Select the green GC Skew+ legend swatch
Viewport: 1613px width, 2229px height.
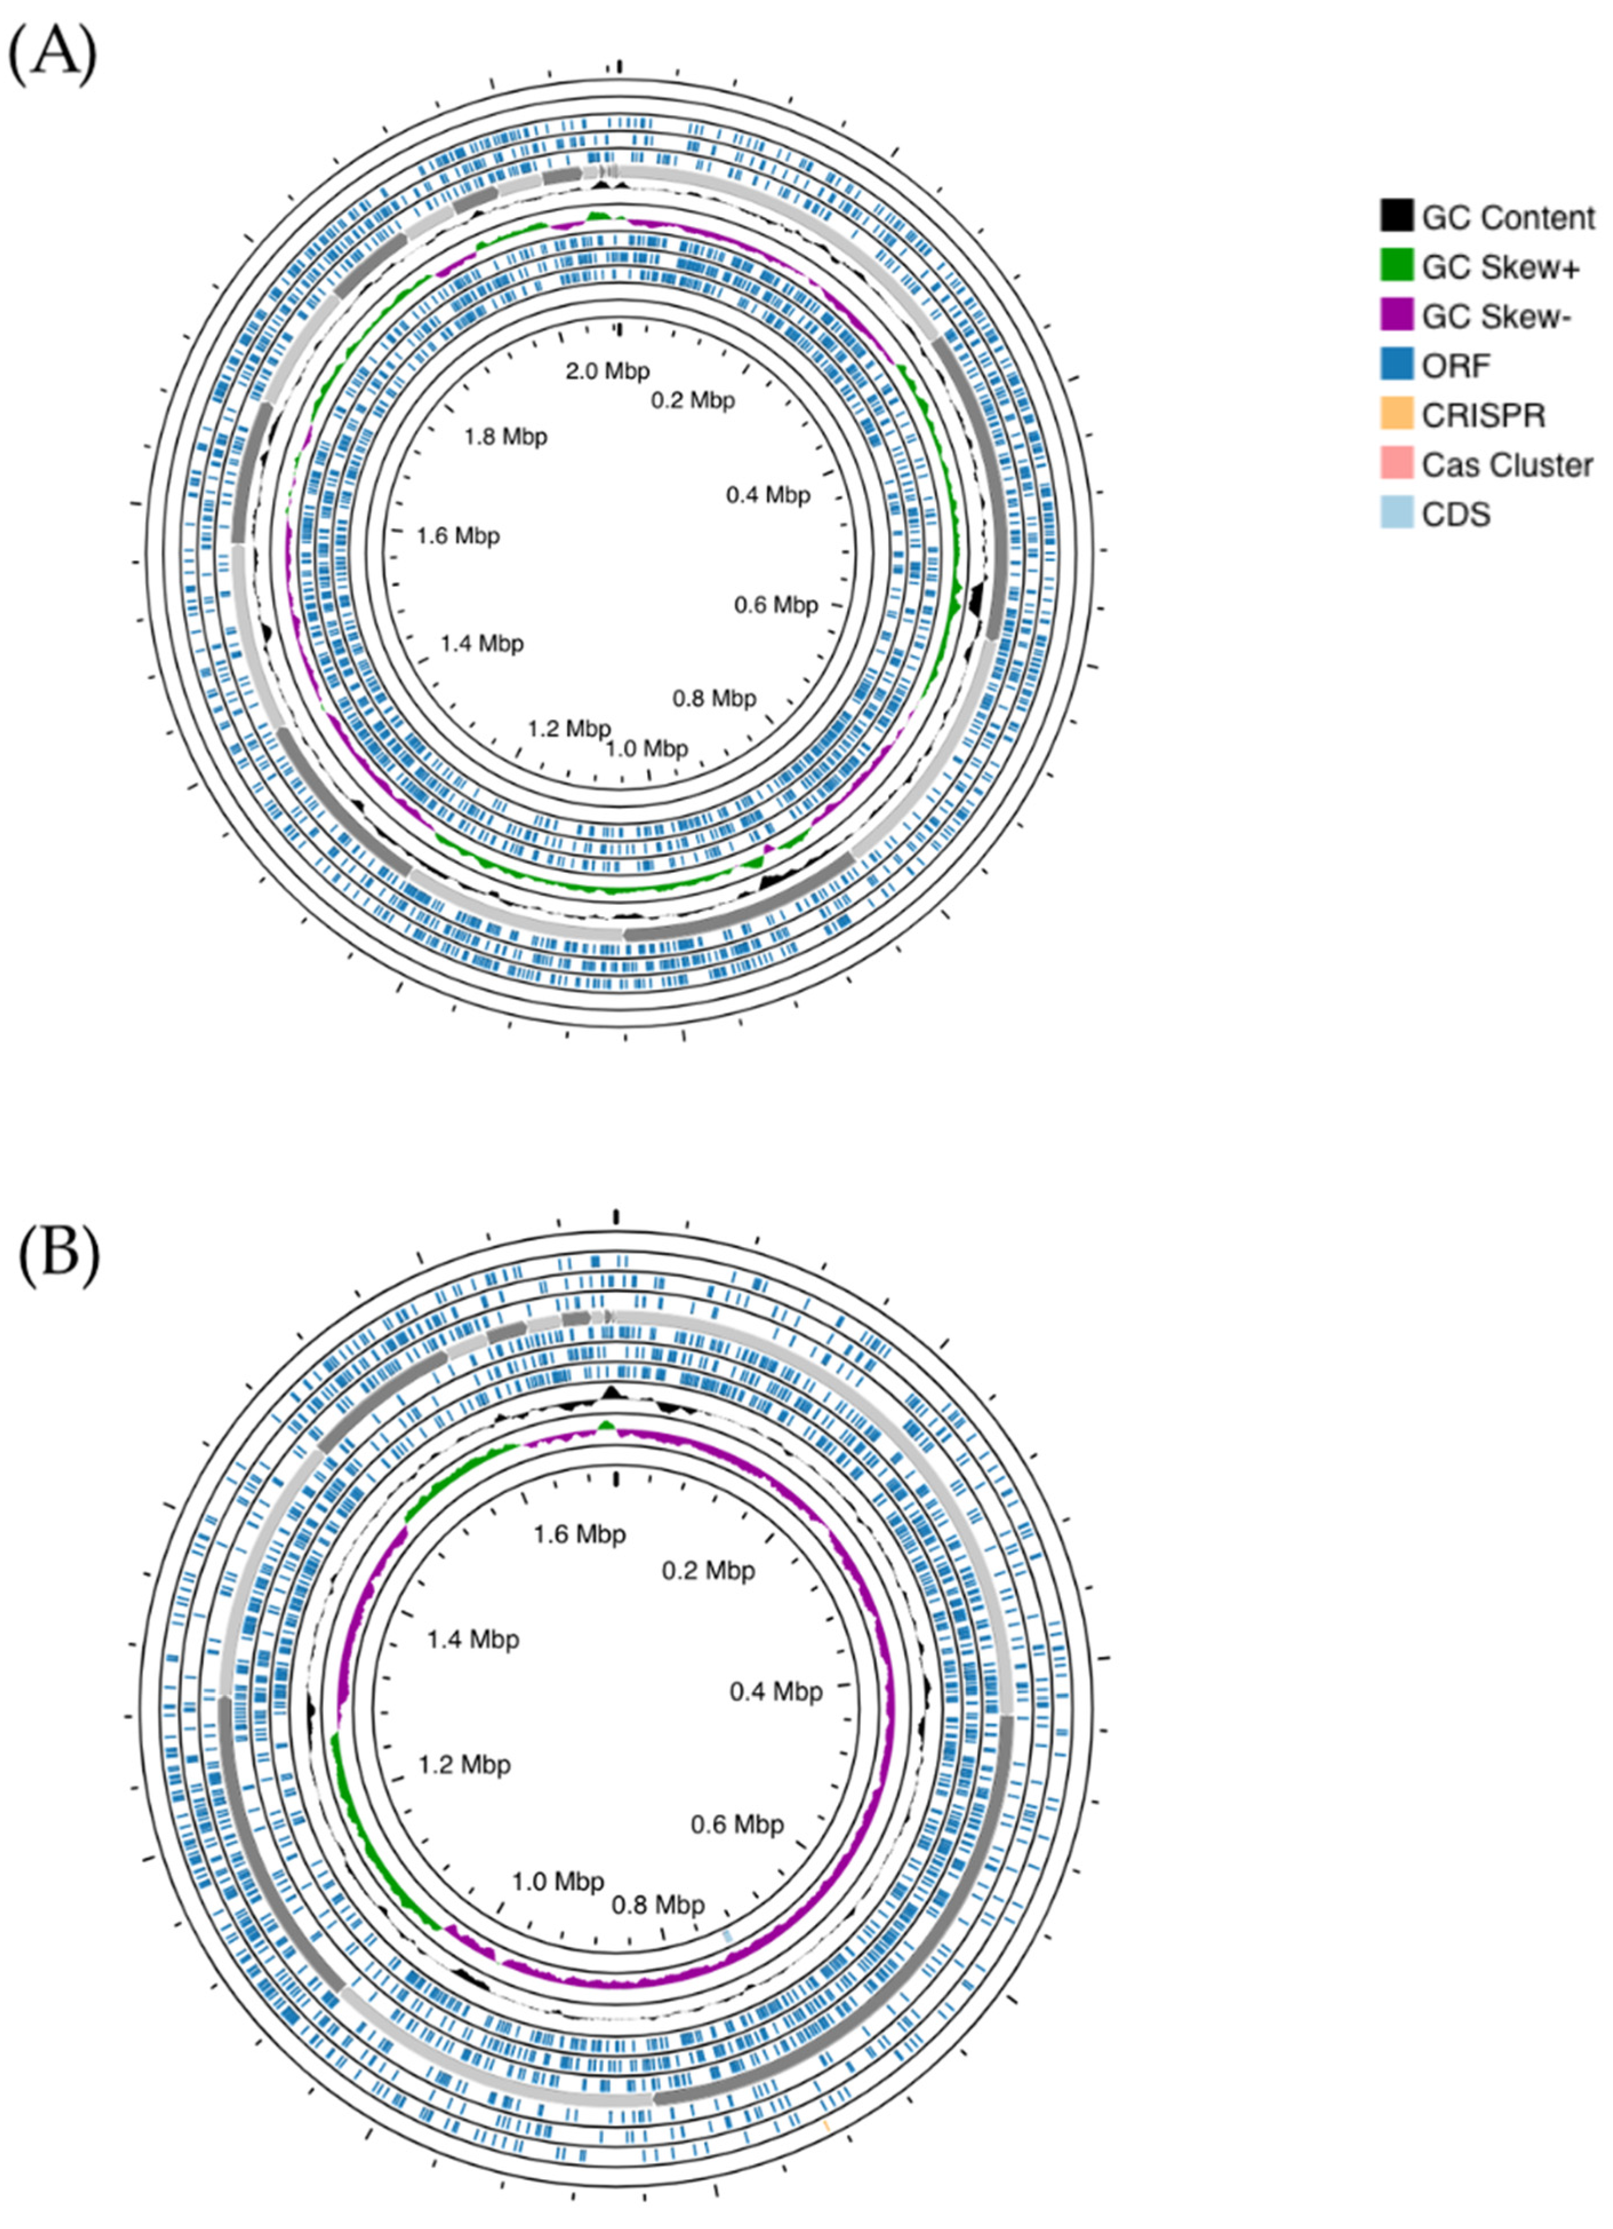(x=1396, y=266)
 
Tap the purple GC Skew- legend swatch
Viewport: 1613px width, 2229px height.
(x=1396, y=315)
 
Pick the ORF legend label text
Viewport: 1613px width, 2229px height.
(x=1456, y=366)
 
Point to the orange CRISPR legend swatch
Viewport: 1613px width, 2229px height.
(x=1396, y=415)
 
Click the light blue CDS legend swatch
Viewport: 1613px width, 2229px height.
(x=1396, y=514)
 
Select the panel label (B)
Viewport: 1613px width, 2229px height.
(x=59, y=1255)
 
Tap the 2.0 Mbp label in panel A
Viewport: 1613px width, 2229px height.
(x=608, y=371)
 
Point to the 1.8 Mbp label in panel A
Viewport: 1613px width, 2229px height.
(x=506, y=436)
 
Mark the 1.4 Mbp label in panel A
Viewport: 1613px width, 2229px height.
(x=482, y=644)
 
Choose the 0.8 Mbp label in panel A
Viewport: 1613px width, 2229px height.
(x=715, y=699)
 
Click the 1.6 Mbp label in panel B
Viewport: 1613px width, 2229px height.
(x=579, y=1534)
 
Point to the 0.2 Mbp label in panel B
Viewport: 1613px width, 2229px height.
(x=708, y=1570)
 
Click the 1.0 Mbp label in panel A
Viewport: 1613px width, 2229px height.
(x=647, y=749)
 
